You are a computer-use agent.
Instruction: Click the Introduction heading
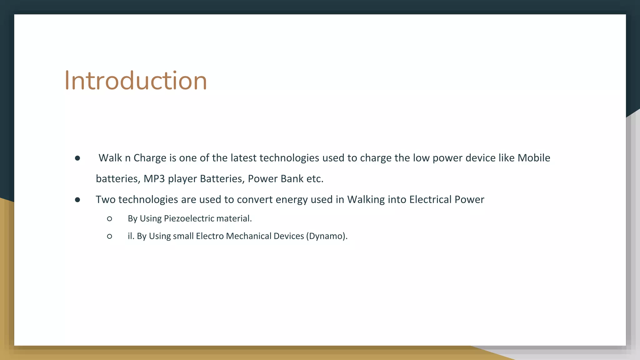(x=136, y=81)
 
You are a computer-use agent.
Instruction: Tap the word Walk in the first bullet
(x=110, y=158)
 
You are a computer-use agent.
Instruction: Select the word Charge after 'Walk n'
(x=150, y=158)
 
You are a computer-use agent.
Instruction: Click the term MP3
(x=154, y=179)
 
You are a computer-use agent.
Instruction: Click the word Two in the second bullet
(x=105, y=200)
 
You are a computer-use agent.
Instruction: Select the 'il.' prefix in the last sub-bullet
(x=131, y=236)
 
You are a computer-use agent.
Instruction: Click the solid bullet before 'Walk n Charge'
(x=77, y=158)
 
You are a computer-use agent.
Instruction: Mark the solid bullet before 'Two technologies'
(x=77, y=200)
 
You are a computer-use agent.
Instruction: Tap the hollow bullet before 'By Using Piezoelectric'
(x=109, y=219)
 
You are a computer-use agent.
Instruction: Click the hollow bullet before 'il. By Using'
(x=109, y=237)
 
